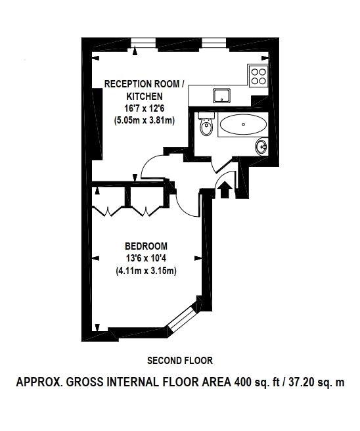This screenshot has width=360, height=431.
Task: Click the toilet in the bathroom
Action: (206, 124)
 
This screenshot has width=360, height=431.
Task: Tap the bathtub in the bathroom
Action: (243, 124)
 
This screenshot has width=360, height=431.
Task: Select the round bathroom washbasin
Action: (261, 147)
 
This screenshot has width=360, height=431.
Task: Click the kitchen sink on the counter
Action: (221, 95)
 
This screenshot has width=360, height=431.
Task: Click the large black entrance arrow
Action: (225, 189)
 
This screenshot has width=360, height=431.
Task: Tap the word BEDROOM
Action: (146, 246)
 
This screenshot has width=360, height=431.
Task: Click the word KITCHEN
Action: (145, 97)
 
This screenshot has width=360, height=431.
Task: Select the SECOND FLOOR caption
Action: (180, 360)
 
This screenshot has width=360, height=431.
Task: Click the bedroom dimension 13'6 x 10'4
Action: (146, 258)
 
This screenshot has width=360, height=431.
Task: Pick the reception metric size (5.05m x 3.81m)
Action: (145, 120)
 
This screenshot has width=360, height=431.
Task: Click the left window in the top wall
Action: (143, 43)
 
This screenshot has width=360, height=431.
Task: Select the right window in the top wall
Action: (214, 43)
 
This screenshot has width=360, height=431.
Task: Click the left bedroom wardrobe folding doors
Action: (108, 211)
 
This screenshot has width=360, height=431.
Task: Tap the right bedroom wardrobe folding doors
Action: (146, 211)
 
